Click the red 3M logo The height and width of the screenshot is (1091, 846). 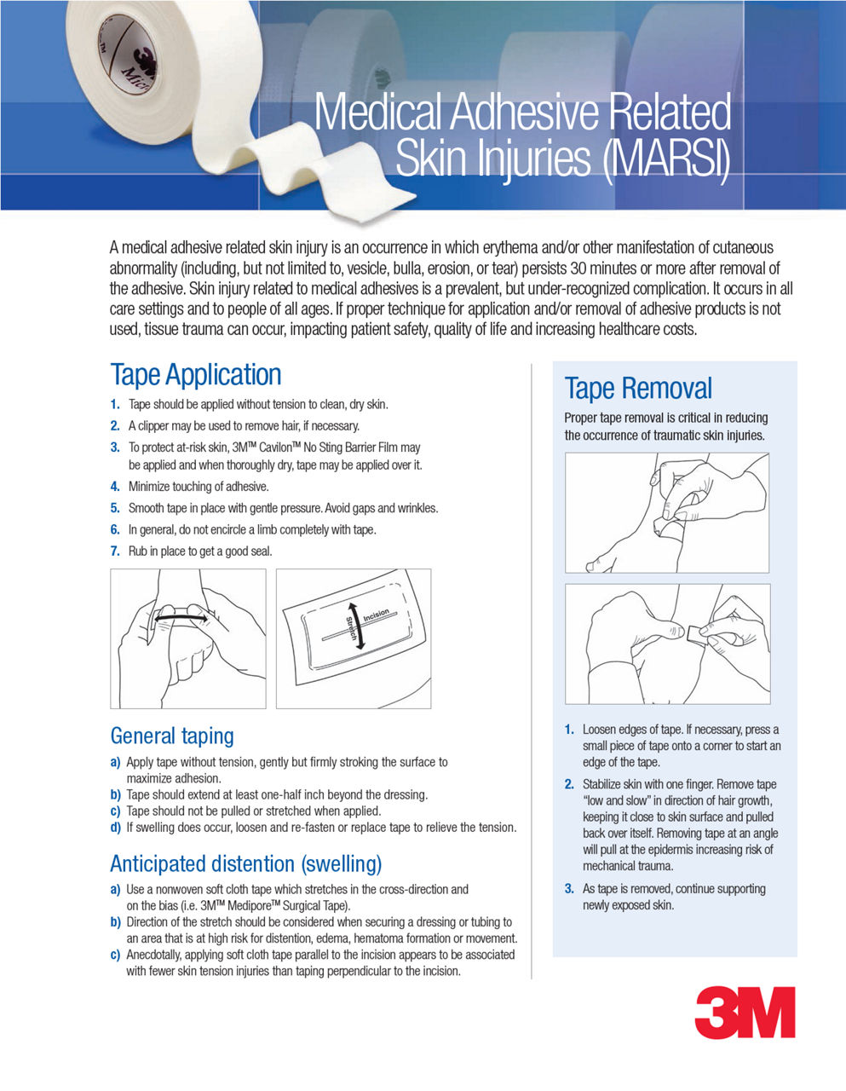point(745,1013)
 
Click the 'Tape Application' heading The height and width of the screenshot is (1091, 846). point(195,375)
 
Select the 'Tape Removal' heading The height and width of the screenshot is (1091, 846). point(637,389)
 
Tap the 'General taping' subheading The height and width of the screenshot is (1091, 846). point(171,736)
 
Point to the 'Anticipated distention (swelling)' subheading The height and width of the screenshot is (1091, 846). point(245,863)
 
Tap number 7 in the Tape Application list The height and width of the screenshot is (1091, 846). point(114,551)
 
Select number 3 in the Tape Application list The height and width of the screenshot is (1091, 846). point(114,447)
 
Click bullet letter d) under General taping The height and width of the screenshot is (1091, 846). point(115,828)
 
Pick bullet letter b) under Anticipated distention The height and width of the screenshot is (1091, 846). point(115,922)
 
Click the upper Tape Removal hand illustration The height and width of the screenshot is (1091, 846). point(666,512)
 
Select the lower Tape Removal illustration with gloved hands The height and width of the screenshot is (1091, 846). point(666,644)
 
